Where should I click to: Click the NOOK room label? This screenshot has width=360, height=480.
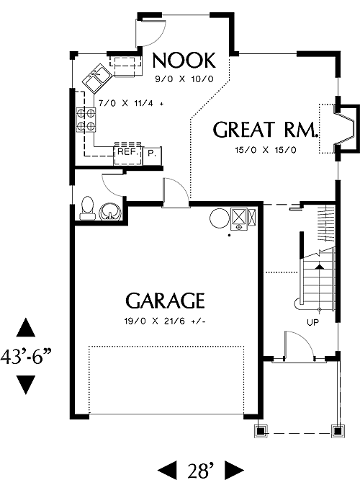(184, 61)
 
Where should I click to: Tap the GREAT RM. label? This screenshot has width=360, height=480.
(265, 130)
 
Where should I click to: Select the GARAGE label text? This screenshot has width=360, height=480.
(165, 301)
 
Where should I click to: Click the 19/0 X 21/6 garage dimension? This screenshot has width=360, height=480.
(165, 321)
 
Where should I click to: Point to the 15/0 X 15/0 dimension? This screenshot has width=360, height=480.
(266, 150)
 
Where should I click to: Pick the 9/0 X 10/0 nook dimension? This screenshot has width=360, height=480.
(184, 79)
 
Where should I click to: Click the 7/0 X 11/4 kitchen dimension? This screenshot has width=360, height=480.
(131, 104)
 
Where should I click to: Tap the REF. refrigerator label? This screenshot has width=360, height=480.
(128, 152)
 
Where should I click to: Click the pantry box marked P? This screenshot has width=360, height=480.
(152, 153)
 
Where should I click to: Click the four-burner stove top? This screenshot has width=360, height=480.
(86, 120)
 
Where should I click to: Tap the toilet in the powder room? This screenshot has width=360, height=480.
(87, 208)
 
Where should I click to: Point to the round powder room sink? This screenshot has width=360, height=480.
(110, 212)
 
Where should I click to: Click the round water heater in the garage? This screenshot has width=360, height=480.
(220, 218)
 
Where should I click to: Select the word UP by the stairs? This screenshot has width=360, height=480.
(312, 322)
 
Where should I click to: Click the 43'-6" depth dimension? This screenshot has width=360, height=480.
(26, 357)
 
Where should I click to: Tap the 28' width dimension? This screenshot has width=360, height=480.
(201, 471)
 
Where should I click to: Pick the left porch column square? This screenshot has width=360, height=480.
(261, 431)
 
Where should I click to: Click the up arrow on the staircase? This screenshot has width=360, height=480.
(320, 267)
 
